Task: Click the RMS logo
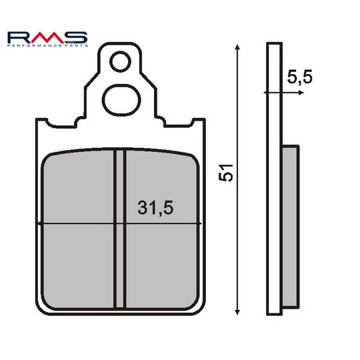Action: coord(47,35)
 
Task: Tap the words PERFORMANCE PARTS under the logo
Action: coord(47,45)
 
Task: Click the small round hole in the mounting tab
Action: coord(121,62)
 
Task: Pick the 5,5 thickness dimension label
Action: coord(301,77)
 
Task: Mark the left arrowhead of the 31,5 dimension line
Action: coord(42,223)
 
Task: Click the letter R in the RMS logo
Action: coord(21,35)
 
